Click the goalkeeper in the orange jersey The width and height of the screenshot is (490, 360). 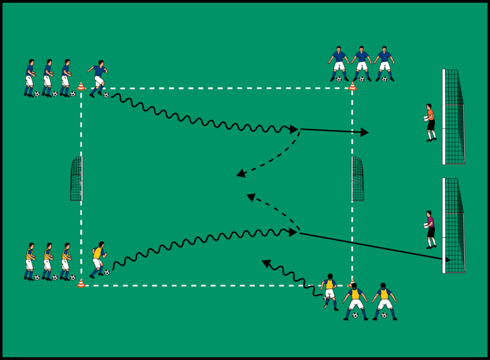pos(431,122)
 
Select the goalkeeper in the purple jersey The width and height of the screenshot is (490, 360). pos(430,229)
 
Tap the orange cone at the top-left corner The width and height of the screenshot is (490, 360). pos(81,87)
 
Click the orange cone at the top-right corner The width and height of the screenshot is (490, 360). pos(352,87)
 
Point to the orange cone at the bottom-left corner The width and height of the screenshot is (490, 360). pos(81,283)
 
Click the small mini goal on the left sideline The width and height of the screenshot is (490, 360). pos(76,179)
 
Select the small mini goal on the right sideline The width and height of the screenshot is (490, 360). pos(357,179)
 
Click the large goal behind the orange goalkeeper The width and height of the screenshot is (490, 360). pos(453,117)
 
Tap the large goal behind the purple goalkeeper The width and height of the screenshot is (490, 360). pos(453,225)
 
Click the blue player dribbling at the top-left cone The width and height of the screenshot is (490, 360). pos(98,77)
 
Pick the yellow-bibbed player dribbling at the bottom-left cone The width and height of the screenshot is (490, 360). pos(98,259)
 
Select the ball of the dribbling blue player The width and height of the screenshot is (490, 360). pos(106,95)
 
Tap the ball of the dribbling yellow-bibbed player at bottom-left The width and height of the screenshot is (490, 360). pos(107,272)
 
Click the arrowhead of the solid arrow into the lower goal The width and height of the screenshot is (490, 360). pos(447,260)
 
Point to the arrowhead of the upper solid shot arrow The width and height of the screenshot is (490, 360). pos(365,132)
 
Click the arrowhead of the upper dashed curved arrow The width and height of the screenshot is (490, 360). pos(240,175)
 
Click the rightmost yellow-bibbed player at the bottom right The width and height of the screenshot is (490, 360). pos(384,300)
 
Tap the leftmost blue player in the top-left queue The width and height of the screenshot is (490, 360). pos(30,77)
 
